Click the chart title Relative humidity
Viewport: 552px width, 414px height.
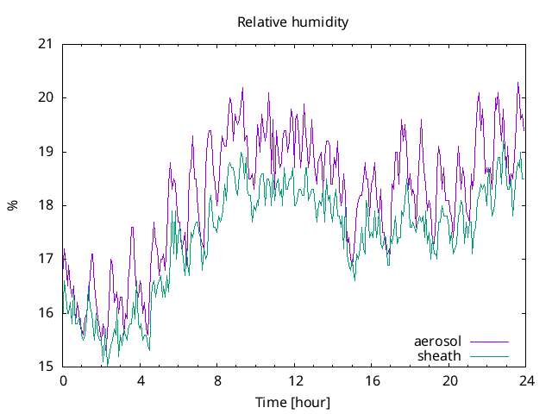click(x=293, y=22)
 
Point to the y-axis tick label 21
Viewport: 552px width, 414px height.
click(x=46, y=44)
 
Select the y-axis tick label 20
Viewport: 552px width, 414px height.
click(x=46, y=97)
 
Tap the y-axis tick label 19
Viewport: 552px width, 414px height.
click(x=46, y=152)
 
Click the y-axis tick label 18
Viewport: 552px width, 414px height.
click(x=46, y=205)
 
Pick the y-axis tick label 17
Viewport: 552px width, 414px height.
click(x=46, y=259)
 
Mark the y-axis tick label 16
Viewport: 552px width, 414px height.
click(x=46, y=312)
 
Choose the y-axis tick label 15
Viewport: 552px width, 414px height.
click(x=46, y=367)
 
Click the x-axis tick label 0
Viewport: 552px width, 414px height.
click(x=63, y=380)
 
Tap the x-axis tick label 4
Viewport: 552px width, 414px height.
click(x=141, y=380)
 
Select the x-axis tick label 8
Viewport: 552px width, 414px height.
click(x=218, y=380)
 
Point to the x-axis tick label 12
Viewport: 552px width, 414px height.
click(x=295, y=380)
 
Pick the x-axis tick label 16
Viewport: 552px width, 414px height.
click(x=373, y=380)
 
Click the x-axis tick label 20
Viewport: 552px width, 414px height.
click(x=450, y=380)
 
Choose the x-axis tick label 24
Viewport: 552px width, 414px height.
click(x=527, y=380)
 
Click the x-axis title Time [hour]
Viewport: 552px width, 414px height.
click(x=292, y=403)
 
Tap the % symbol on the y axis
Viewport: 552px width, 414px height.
click(x=12, y=205)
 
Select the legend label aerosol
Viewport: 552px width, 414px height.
click(x=438, y=342)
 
